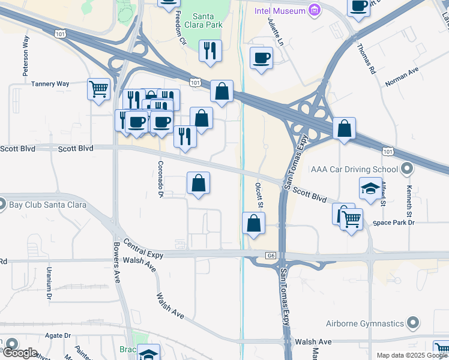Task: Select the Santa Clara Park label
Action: click(207, 20)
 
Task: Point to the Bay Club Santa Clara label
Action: click(47, 205)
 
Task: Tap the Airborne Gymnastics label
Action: click(365, 323)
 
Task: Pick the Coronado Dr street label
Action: click(160, 178)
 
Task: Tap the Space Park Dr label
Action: click(393, 223)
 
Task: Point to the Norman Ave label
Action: click(402, 76)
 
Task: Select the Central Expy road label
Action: click(143, 250)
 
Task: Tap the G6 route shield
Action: click(271, 256)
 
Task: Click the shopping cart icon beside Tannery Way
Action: click(98, 89)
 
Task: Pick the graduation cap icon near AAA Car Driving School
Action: click(370, 188)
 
